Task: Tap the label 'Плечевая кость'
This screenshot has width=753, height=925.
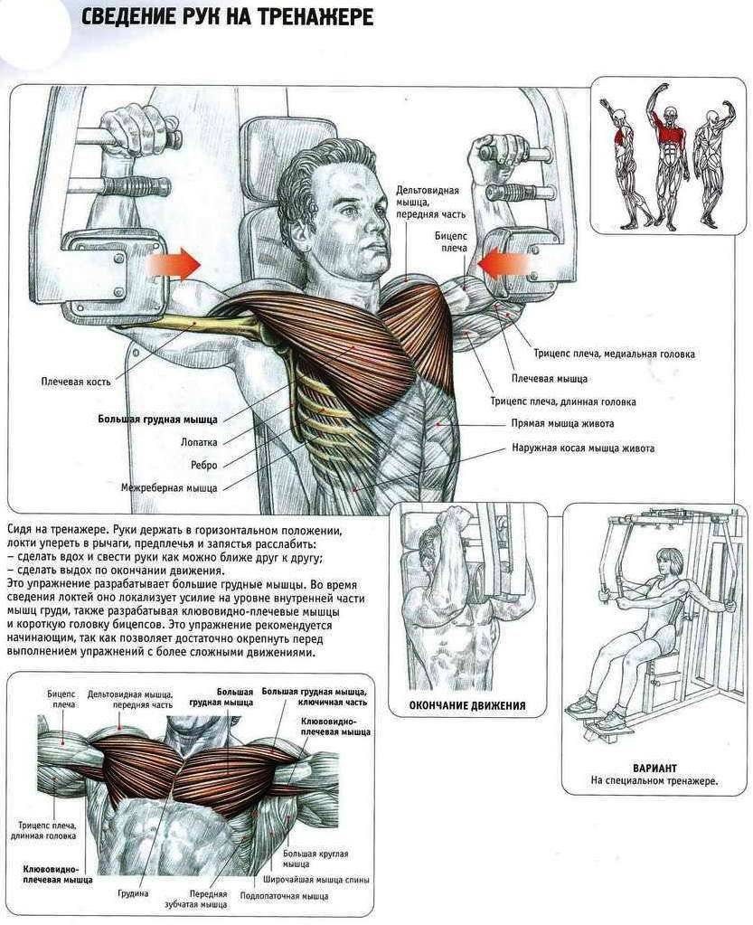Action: tap(76, 382)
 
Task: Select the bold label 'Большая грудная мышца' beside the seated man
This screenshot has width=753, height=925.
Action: tap(157, 420)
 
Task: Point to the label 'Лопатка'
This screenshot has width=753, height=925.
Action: tap(199, 442)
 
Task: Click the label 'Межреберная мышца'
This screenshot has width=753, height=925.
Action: tap(169, 488)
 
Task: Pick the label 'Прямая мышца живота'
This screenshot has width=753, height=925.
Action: tap(562, 423)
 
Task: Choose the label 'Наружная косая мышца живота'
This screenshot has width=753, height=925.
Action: tap(582, 448)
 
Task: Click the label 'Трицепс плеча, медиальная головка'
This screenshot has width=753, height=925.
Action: tap(614, 354)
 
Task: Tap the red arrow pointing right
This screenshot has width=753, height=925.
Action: tap(172, 263)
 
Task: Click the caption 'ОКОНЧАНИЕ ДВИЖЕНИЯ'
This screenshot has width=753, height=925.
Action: tap(467, 705)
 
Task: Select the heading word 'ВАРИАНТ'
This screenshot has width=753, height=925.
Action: tap(654, 768)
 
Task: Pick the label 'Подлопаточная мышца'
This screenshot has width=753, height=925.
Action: tap(284, 896)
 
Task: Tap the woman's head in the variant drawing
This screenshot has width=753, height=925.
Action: tap(671, 562)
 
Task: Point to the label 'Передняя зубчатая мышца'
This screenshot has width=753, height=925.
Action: tap(208, 899)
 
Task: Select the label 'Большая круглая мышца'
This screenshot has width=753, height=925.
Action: tap(315, 858)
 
